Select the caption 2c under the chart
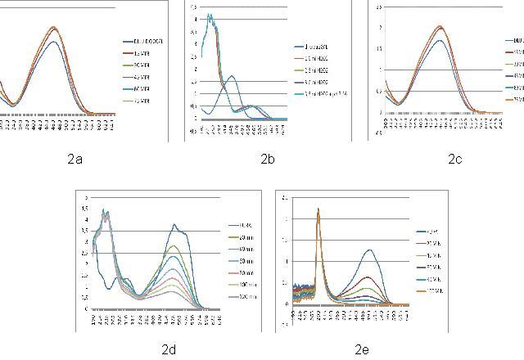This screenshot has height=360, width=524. (455, 160)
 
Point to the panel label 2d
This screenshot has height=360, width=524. (169, 349)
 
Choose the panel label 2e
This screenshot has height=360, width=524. (362, 349)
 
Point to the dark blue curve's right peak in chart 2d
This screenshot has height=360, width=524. (174, 225)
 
